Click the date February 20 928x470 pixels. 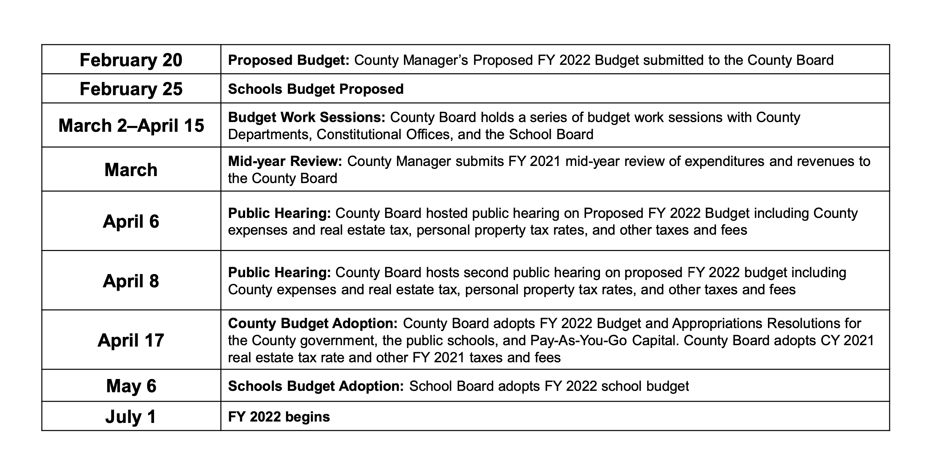click(131, 60)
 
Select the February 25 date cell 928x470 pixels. click(131, 89)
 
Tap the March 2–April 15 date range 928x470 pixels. click(131, 126)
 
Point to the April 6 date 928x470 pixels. click(131, 221)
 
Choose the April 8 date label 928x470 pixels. click(131, 281)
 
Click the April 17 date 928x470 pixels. click(131, 340)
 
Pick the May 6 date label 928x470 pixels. click(131, 386)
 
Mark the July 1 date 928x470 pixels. click(131, 417)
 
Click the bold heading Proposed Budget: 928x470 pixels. click(289, 60)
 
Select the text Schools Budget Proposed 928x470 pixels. click(315, 89)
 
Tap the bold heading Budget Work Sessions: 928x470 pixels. click(306, 117)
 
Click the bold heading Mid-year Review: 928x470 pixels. click(285, 161)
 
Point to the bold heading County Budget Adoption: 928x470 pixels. click(313, 323)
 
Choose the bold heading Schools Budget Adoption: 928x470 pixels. click(316, 386)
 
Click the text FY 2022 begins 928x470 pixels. click(279, 417)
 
